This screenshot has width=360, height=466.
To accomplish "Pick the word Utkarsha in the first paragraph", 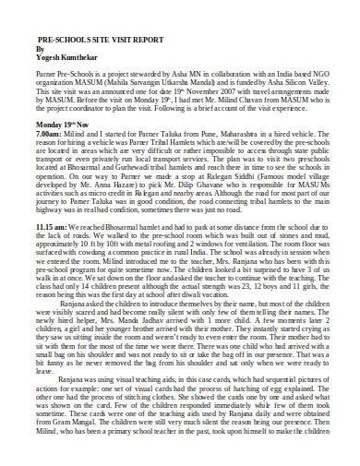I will [177, 81].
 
